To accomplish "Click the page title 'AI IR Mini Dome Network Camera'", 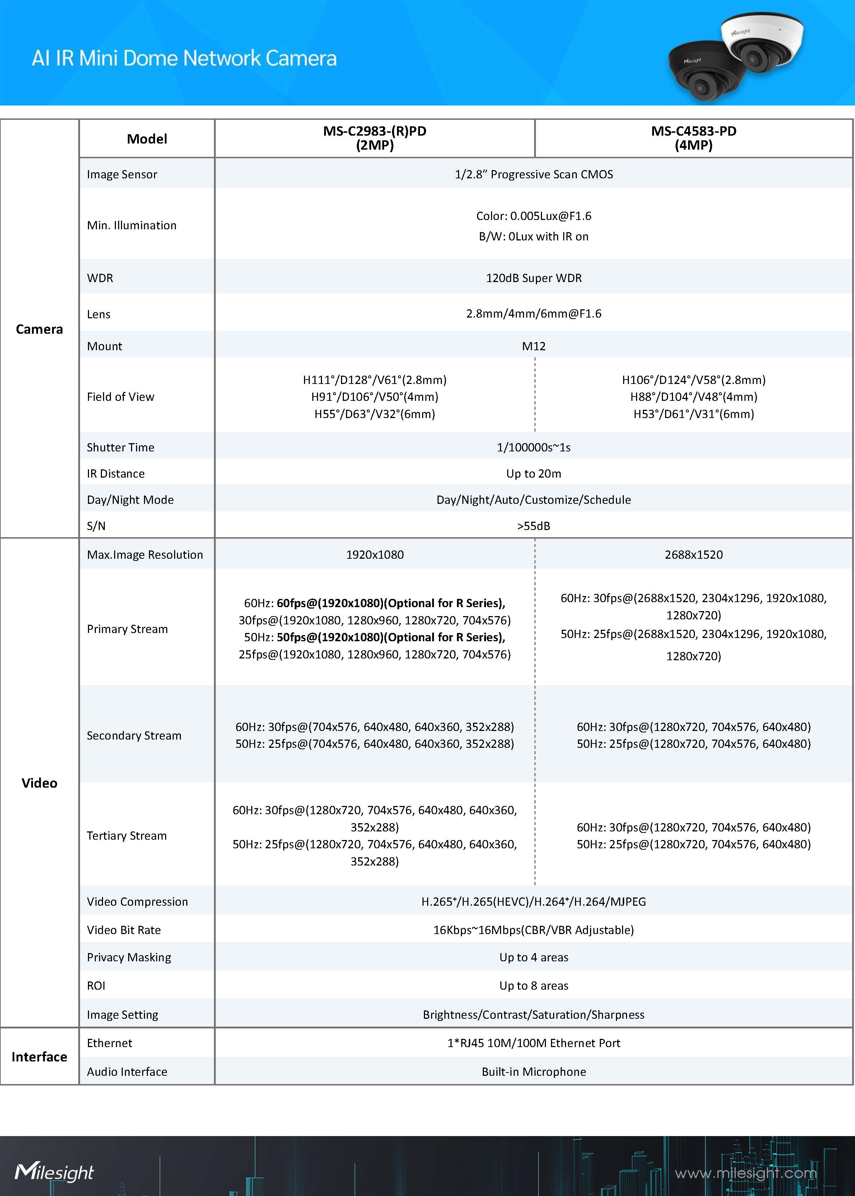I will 184,58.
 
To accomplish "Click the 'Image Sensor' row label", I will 122,174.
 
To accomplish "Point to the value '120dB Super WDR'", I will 533,278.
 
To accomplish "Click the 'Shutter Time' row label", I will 121,447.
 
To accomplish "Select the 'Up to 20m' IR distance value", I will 533,474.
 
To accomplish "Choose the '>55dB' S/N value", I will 533,526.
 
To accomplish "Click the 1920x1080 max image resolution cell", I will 374,555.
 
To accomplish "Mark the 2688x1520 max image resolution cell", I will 693,555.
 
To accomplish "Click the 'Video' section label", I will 39,783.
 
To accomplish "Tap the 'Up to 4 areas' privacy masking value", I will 533,957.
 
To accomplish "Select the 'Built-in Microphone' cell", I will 533,1072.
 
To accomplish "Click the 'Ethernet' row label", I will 109,1043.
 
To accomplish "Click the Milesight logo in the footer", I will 54,1172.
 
